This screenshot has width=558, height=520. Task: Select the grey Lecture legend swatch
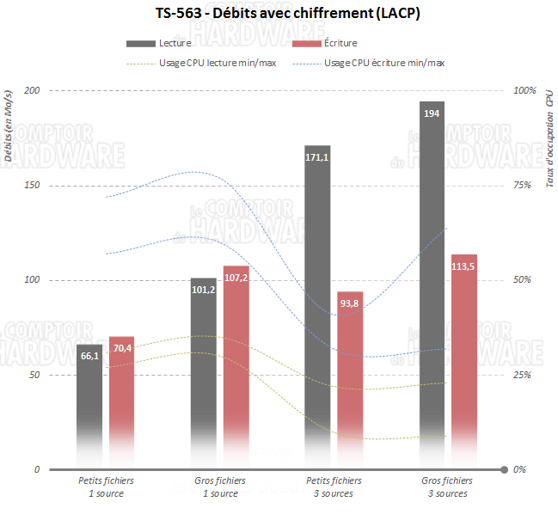[x=140, y=43]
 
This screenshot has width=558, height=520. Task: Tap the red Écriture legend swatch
[x=307, y=43]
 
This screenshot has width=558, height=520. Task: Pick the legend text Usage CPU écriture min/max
[x=384, y=63]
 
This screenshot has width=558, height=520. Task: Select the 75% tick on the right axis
[x=524, y=186]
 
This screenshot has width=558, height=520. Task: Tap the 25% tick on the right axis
[x=524, y=376]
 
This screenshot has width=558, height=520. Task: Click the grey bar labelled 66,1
[x=89, y=404]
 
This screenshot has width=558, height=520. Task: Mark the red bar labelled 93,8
[x=350, y=378]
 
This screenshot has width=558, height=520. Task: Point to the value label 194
[x=432, y=113]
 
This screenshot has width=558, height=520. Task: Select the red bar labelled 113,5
[x=464, y=361]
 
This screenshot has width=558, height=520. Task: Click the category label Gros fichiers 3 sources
[x=447, y=487]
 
